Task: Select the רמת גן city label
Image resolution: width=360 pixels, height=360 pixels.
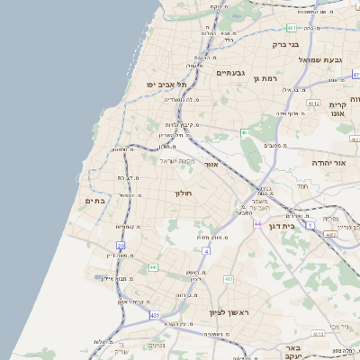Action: click(x=270, y=79)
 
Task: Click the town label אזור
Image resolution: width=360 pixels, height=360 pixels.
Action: click(x=211, y=165)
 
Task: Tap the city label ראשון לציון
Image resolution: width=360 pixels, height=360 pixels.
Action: click(x=227, y=312)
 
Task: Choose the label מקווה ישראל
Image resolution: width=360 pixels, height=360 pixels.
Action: click(x=177, y=161)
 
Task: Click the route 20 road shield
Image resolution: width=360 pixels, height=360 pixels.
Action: click(x=121, y=245)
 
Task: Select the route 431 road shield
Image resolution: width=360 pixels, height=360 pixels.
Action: click(x=155, y=316)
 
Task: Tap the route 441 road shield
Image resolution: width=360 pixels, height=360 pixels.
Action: click(x=153, y=267)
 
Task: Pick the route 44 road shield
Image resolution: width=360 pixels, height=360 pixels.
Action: click(x=257, y=223)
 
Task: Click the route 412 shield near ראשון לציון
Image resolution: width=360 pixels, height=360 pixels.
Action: click(x=229, y=280)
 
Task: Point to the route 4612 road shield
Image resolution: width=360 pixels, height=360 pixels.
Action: click(x=313, y=103)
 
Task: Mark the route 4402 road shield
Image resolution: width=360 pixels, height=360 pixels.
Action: click(x=330, y=234)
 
